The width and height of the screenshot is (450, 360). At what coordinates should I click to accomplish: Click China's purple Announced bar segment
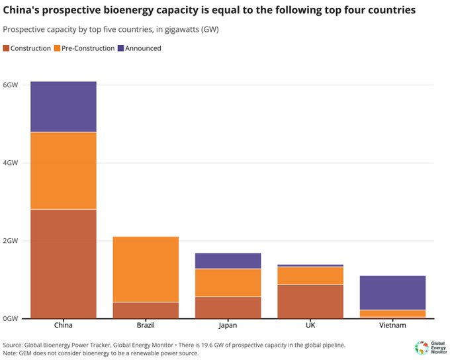coord(64,107)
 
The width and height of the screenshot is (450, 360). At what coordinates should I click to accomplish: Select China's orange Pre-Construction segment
coord(64,171)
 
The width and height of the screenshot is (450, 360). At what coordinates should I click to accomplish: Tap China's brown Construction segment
coord(64,263)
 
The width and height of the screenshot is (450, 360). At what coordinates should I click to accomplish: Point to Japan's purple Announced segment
coord(228,261)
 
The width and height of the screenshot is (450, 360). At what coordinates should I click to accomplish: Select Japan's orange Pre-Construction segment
coord(228,283)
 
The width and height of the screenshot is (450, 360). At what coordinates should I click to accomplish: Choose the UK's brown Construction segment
coord(310,301)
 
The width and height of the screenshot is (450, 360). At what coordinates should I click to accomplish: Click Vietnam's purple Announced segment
coord(392,292)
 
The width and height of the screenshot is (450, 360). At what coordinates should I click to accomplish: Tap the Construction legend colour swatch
coord(7,48)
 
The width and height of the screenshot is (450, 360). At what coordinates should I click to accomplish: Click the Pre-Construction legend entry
coord(86,48)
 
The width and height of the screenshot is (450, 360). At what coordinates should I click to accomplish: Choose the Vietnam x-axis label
coord(392,326)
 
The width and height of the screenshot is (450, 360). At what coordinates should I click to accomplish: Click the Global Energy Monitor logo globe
coord(421,347)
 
